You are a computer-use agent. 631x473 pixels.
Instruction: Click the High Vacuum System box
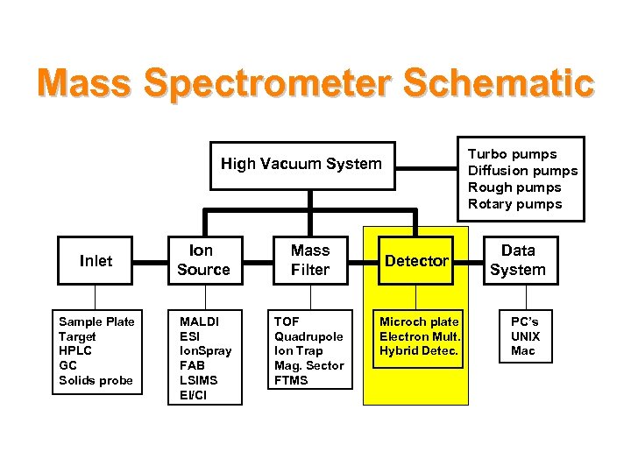(301, 164)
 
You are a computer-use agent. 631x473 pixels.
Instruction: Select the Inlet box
(96, 261)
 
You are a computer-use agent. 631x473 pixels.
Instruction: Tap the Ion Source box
(203, 261)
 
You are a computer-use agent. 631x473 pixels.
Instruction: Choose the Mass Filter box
(310, 261)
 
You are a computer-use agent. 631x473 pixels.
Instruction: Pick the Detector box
(416, 261)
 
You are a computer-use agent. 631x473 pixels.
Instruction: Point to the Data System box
(517, 261)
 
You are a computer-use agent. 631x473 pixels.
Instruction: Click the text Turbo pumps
(512, 154)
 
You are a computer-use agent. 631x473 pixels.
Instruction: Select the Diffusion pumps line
(522, 171)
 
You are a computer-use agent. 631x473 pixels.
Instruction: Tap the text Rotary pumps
(514, 204)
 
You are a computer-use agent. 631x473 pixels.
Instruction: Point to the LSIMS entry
(198, 380)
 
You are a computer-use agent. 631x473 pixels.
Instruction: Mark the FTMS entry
(291, 380)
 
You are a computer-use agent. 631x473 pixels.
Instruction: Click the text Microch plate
(419, 321)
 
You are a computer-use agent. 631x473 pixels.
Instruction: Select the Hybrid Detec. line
(419, 351)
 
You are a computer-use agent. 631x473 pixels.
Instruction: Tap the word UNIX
(525, 336)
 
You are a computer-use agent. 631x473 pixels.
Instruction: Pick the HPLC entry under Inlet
(75, 351)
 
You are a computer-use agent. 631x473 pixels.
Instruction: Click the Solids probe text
(96, 380)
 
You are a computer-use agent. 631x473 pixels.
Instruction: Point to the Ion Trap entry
(299, 351)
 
